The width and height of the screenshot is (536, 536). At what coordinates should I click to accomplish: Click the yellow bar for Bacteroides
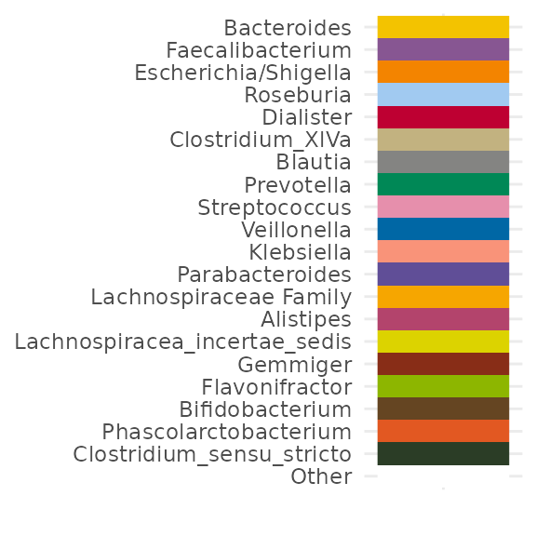click(x=443, y=27)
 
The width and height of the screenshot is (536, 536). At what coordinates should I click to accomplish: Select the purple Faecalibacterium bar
click(x=443, y=49)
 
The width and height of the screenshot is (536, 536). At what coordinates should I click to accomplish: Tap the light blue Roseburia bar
click(x=443, y=94)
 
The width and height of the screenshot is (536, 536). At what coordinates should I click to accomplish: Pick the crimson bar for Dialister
click(x=443, y=117)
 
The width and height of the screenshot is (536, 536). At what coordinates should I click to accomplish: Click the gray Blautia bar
click(x=443, y=162)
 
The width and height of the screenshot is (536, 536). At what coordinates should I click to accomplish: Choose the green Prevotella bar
click(x=443, y=184)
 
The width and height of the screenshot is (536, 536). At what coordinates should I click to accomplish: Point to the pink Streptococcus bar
click(x=443, y=207)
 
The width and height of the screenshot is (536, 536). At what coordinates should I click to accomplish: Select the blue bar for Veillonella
click(x=443, y=229)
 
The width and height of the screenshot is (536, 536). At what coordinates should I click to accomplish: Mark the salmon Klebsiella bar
click(x=443, y=251)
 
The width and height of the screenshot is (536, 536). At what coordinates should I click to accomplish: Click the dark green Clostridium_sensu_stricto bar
click(x=443, y=453)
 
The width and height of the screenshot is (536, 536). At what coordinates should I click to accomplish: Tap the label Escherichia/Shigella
click(x=243, y=74)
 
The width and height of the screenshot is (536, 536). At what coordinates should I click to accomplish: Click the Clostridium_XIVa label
click(x=261, y=141)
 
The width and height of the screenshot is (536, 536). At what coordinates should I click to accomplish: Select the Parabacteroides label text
click(x=264, y=275)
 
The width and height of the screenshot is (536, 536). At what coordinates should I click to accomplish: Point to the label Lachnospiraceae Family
click(x=221, y=298)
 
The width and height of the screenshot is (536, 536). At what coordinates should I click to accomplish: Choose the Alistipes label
click(x=306, y=319)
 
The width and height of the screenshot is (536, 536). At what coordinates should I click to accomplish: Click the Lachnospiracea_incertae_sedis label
click(x=183, y=342)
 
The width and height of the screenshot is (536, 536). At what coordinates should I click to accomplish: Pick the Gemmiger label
click(x=295, y=365)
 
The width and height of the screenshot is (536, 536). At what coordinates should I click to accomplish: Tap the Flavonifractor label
click(x=276, y=387)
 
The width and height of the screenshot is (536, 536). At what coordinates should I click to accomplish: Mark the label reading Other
click(x=321, y=476)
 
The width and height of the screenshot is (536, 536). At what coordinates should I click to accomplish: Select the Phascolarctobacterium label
click(x=227, y=432)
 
